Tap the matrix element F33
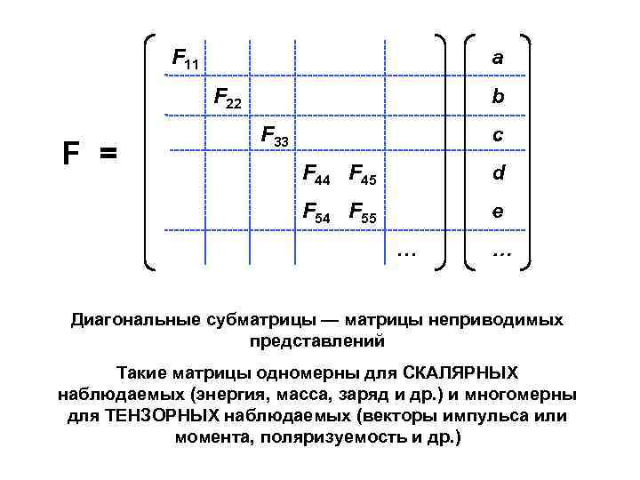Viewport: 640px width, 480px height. click(275, 137)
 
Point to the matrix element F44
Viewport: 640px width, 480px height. click(316, 175)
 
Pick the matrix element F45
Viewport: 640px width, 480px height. click(363, 175)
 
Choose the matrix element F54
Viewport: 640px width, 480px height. click(316, 213)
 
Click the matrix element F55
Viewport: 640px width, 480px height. click(363, 213)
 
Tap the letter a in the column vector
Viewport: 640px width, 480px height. click(498, 58)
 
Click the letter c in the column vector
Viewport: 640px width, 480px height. click(498, 135)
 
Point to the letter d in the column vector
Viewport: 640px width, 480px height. click(499, 173)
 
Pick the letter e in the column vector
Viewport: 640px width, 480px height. click(498, 212)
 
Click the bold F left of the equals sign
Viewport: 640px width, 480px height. click(71, 154)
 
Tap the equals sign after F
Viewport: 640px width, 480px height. click(108, 155)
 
